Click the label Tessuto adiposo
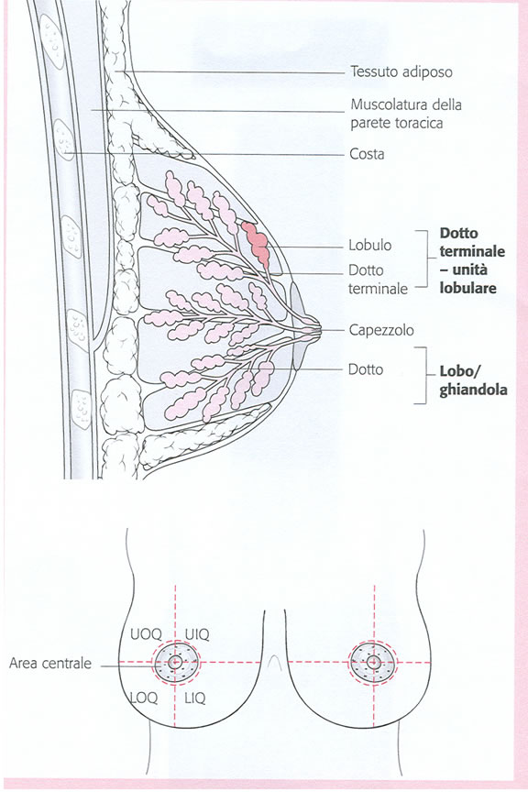click(401, 71)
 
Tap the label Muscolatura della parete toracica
click(406, 114)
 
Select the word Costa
click(367, 154)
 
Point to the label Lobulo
click(369, 246)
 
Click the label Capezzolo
click(381, 330)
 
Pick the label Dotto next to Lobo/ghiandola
click(366, 369)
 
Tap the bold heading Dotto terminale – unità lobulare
click(472, 260)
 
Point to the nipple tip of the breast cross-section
click(320, 331)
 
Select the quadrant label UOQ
click(146, 634)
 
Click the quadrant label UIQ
click(196, 634)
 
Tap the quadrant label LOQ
click(144, 698)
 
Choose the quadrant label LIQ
click(195, 698)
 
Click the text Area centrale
click(50, 663)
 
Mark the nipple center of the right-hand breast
click(374, 662)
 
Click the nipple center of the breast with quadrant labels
click(175, 662)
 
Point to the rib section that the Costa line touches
click(64, 139)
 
